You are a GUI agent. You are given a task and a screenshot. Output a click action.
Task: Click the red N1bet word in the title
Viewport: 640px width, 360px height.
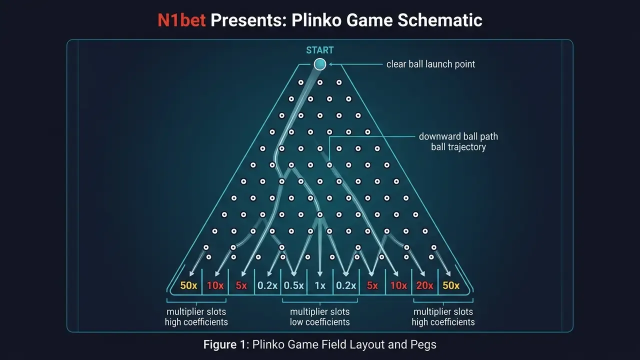coord(181,20)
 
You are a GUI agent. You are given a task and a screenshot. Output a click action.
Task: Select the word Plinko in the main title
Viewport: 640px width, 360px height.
coord(316,20)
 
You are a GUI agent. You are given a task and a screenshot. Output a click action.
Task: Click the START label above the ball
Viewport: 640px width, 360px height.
coord(319,50)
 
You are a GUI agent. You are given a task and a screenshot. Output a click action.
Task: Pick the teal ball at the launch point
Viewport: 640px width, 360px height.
coord(319,64)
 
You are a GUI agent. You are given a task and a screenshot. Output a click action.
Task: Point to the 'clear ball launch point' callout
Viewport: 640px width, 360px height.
coord(430,64)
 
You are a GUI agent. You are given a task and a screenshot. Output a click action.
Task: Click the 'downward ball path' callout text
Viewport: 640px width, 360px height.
coord(458,136)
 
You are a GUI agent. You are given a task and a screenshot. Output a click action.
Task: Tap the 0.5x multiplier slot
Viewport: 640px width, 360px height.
coord(293,285)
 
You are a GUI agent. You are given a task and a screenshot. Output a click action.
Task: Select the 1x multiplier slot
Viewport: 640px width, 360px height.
coord(319,285)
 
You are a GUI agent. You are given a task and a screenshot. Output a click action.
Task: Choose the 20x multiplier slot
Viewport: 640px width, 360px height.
coord(424,285)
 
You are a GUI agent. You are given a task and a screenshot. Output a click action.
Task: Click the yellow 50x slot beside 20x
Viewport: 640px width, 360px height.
coord(451,285)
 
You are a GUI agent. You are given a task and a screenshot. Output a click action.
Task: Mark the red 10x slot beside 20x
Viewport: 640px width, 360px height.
coord(398,285)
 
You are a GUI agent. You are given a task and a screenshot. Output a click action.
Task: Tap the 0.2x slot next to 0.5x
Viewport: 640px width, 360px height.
coord(267,285)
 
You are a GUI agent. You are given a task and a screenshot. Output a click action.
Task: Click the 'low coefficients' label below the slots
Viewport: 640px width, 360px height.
coord(319,322)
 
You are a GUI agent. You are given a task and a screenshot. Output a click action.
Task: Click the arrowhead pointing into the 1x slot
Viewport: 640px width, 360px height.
coord(320,273)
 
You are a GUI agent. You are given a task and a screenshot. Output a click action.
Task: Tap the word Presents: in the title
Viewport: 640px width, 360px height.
coord(248,20)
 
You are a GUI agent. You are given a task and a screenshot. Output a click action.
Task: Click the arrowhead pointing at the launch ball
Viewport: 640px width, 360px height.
coord(331,64)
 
